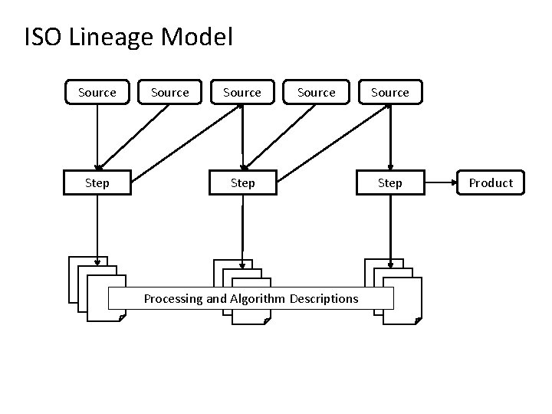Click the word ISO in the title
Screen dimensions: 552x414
[43, 36]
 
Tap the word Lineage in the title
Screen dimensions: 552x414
[112, 38]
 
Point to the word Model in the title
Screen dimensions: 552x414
[197, 36]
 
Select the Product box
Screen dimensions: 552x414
[491, 182]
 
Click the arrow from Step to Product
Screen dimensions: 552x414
[440, 182]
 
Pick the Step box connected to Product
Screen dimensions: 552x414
[390, 182]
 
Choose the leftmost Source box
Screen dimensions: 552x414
[97, 92]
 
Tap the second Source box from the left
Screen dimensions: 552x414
[169, 92]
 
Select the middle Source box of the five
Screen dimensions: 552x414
[242, 92]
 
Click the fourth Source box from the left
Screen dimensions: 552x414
[316, 92]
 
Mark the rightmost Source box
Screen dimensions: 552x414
[390, 92]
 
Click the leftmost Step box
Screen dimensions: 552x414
[97, 182]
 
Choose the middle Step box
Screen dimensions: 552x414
[243, 182]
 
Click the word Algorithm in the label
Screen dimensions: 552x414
[258, 299]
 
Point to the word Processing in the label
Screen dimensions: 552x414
[173, 299]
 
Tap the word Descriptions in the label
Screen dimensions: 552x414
[324, 298]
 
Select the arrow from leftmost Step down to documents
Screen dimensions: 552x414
[97, 230]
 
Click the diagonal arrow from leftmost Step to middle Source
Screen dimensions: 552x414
[187, 143]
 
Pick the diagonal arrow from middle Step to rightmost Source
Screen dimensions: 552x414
[333, 143]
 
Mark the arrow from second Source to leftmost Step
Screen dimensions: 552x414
[133, 137]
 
